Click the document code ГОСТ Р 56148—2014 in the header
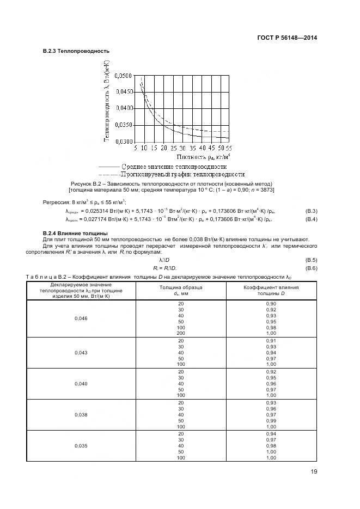tap(287, 38)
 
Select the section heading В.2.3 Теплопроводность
tap(76, 51)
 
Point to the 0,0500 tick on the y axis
tap(121, 76)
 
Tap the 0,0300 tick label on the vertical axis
tap(121, 142)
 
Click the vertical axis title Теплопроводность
tap(107, 101)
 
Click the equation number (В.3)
tap(312, 211)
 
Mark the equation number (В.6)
tap(312, 269)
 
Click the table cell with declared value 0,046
tap(81, 318)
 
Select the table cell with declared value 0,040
tap(81, 384)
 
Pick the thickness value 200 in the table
tap(181, 332)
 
